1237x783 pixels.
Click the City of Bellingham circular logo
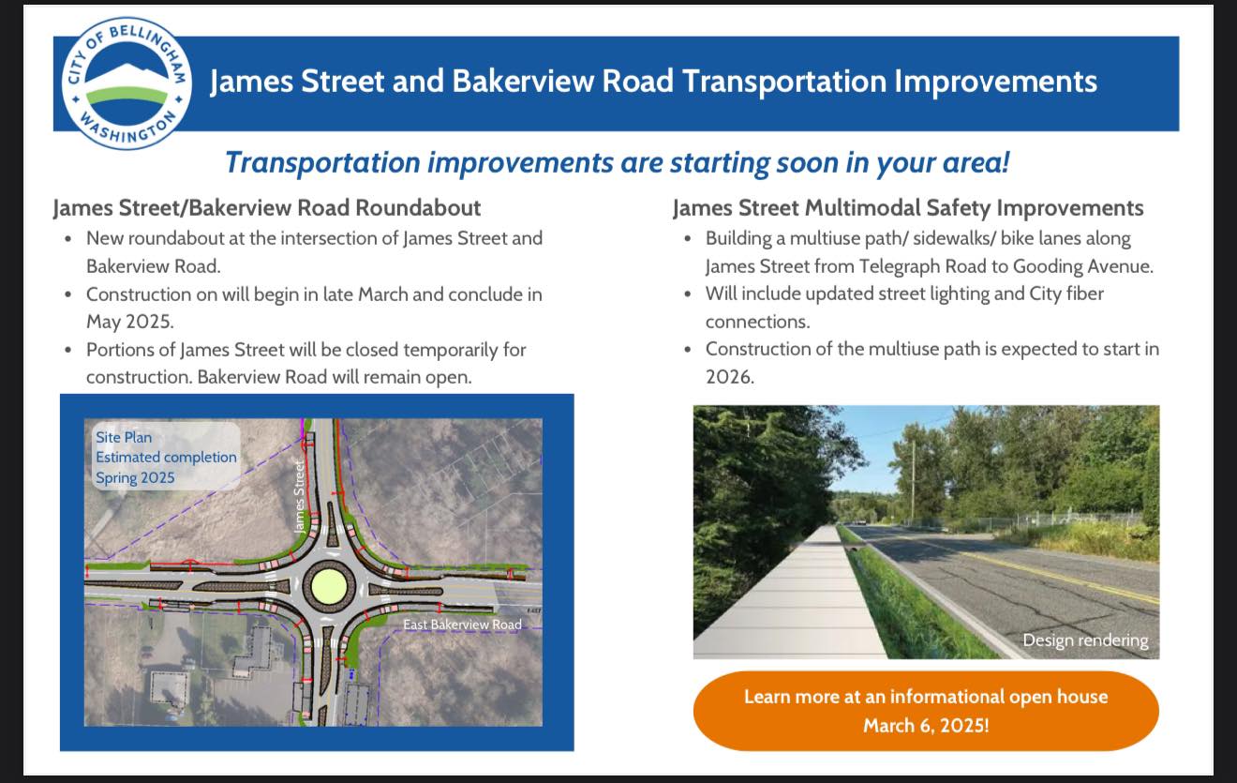pos(127,83)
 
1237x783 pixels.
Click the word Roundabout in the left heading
pos(418,208)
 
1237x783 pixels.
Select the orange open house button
pos(926,711)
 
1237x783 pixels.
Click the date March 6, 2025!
pos(926,725)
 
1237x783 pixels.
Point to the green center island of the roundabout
pos(329,585)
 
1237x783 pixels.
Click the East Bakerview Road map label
pos(462,625)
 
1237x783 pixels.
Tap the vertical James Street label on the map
pos(299,497)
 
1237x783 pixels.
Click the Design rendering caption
pos(1086,640)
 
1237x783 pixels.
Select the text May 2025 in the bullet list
pos(129,322)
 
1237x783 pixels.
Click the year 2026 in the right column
pos(728,377)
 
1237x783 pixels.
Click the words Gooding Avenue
pos(1082,266)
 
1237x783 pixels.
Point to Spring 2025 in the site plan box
pos(135,477)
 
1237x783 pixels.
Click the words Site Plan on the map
pos(124,437)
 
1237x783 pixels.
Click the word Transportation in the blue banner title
pos(783,82)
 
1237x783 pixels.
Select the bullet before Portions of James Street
pos(67,350)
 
